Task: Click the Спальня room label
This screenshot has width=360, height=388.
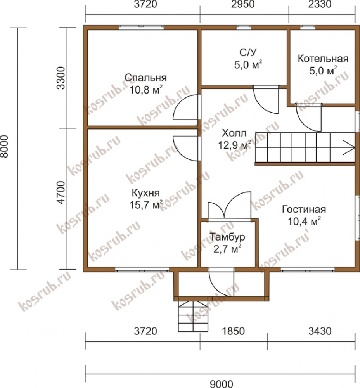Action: pyautogui.click(x=145, y=78)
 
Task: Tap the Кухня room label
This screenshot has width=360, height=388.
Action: pyautogui.click(x=145, y=193)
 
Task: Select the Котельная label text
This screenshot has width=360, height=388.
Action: pyautogui.click(x=323, y=59)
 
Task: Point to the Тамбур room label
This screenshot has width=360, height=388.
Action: pyautogui.click(x=227, y=237)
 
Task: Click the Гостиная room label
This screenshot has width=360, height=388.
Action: pyautogui.click(x=304, y=210)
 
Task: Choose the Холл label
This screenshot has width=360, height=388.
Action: pyautogui.click(x=234, y=133)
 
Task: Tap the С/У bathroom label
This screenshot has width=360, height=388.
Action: pyautogui.click(x=248, y=52)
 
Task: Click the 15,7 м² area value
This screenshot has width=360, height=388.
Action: pyautogui.click(x=146, y=204)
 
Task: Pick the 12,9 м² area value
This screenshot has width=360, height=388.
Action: pyautogui.click(x=234, y=145)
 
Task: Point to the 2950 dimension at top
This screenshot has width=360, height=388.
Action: pyautogui.click(x=243, y=4)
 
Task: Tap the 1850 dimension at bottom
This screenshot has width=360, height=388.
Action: pyautogui.click(x=233, y=331)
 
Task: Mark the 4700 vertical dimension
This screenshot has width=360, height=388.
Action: pyautogui.click(x=61, y=192)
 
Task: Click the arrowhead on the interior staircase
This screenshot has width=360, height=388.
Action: pyautogui.click(x=349, y=148)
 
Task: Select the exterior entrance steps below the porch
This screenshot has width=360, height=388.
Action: pyautogui.click(x=193, y=316)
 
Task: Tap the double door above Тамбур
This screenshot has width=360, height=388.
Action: pyautogui.click(x=230, y=205)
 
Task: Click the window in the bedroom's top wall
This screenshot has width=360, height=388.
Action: pyautogui.click(x=141, y=27)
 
